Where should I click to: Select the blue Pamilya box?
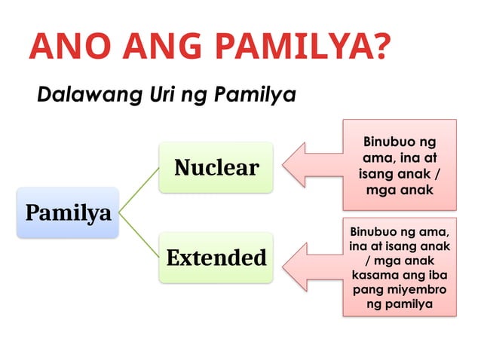pyautogui.click(x=68, y=212)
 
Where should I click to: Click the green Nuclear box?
pyautogui.click(x=216, y=166)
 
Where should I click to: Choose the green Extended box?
pyautogui.click(x=216, y=258)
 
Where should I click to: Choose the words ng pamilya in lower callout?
pyautogui.click(x=400, y=304)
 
